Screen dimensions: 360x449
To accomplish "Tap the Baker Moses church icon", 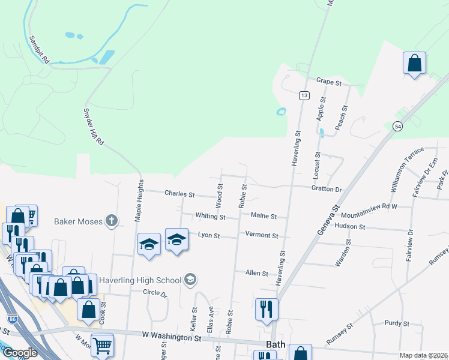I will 110,221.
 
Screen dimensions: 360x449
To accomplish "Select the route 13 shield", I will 304,96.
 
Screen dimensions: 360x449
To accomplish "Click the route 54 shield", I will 397,126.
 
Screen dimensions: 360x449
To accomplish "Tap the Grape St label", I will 328,81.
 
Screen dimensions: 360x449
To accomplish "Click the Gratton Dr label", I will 327,189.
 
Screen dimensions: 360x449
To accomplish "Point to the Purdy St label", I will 397,323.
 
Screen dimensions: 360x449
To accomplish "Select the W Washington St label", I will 172,338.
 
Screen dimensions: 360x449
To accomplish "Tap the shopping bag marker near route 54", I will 414,63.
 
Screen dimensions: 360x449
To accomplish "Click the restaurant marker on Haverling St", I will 267,309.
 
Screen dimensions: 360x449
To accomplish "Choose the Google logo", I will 20,353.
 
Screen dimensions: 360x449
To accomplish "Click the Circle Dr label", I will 154,293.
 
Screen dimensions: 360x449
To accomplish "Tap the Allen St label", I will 256,273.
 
